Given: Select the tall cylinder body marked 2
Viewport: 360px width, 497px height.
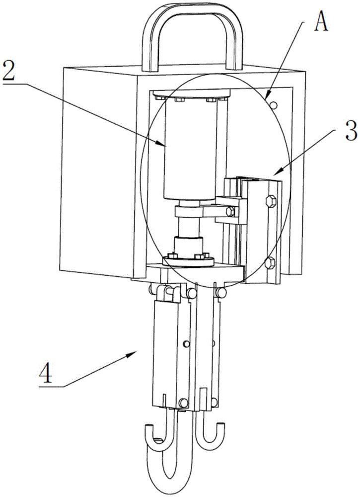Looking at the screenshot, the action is pos(191,149).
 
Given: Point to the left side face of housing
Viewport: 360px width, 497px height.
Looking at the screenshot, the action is pos(97,169).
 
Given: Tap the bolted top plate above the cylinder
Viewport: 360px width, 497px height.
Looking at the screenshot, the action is pos(191,94).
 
